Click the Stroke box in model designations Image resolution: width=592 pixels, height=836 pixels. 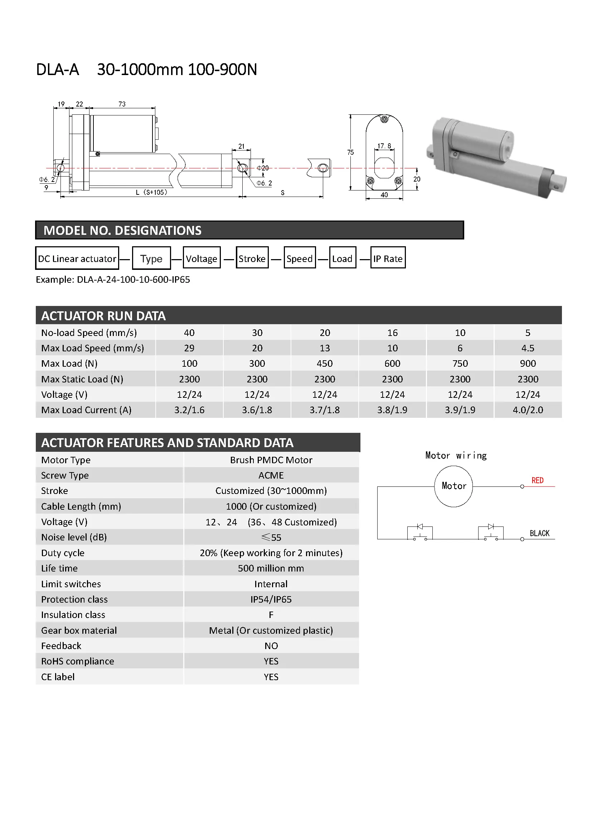[252, 258]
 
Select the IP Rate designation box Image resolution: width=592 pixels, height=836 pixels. [388, 258]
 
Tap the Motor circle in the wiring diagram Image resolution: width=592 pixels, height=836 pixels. [453, 486]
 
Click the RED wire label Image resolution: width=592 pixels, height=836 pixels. [537, 481]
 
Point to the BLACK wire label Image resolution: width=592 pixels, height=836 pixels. [539, 533]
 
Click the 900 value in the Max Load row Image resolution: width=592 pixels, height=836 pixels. [528, 363]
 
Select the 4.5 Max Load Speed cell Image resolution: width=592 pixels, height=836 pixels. [528, 348]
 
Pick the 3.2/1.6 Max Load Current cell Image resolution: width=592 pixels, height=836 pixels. [189, 410]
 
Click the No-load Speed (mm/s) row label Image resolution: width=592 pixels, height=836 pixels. [89, 333]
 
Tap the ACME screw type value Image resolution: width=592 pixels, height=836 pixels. [271, 475]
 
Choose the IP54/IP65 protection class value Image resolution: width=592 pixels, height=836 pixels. [271, 599]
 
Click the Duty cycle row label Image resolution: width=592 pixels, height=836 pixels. [63, 553]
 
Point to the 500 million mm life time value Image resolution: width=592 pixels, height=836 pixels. [271, 568]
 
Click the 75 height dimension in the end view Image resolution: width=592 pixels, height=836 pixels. [350, 152]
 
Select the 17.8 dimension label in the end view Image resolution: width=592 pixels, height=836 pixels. [384, 146]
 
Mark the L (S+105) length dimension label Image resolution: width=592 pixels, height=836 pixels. [152, 192]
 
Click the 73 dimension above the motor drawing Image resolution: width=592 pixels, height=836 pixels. [122, 104]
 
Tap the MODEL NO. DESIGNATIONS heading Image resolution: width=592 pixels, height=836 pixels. [122, 231]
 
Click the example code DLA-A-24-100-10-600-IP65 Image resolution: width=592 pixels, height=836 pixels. [133, 280]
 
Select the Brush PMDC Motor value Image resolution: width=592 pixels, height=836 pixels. [271, 460]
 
